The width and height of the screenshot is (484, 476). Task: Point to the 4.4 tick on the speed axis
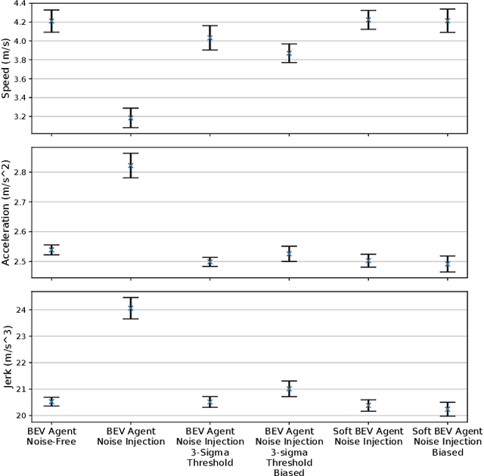click(17, 4)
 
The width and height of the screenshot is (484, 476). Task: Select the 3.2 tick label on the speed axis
click(17, 117)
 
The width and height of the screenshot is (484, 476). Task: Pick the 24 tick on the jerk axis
click(18, 310)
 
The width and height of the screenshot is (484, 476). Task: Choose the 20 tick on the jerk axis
click(18, 416)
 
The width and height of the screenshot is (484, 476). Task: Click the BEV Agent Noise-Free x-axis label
click(51, 436)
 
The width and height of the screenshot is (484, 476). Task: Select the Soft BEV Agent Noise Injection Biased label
click(447, 440)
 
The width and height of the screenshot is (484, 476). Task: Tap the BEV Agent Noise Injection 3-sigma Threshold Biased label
click(289, 451)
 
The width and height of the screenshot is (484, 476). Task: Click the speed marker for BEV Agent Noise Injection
click(130, 118)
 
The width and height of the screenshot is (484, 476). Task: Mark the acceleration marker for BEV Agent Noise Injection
click(130, 165)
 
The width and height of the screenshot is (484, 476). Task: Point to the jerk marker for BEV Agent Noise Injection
click(130, 308)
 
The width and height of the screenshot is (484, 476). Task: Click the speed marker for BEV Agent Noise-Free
click(51, 21)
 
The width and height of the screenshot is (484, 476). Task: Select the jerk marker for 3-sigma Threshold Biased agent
click(289, 389)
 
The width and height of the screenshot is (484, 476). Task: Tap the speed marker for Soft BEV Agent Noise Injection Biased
click(447, 21)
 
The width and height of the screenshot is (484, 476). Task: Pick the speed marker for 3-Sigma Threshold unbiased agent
click(209, 38)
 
